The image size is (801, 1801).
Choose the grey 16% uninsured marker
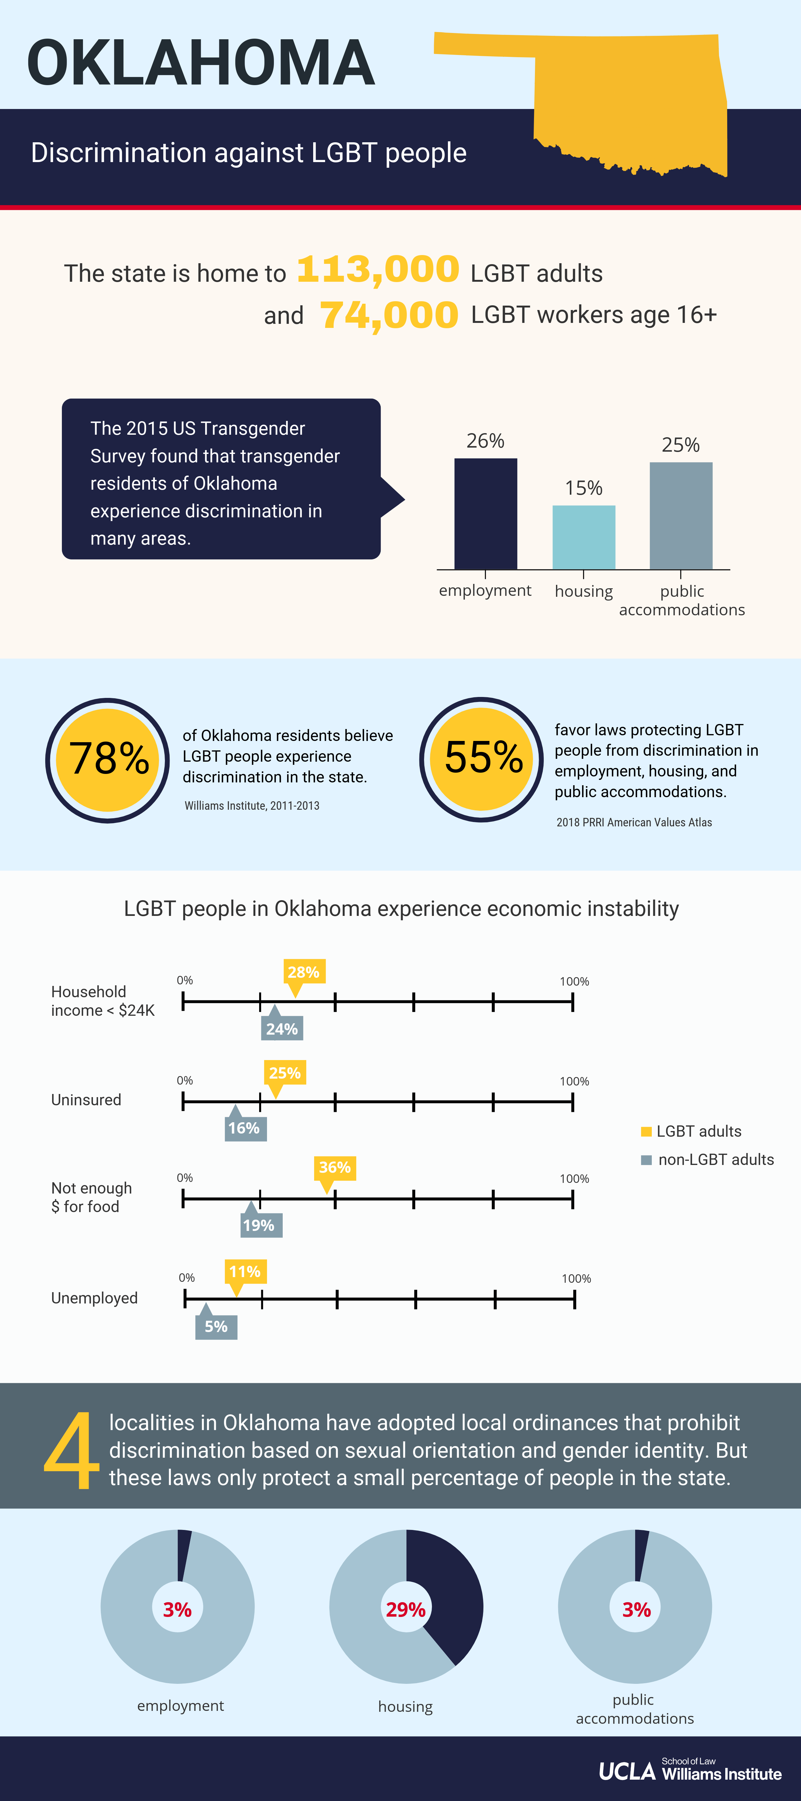tap(245, 1128)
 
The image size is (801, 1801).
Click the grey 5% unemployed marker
tap(216, 1326)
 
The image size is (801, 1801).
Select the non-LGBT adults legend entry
tap(707, 1160)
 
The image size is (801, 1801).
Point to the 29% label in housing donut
tap(406, 1609)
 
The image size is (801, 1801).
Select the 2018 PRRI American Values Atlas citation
tap(634, 822)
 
